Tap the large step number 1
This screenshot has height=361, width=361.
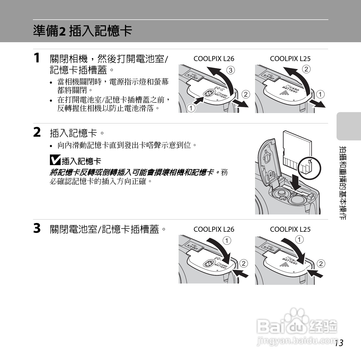coord(37,58)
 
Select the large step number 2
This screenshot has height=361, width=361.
coord(37,132)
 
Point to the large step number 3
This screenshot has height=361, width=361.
coord(37,228)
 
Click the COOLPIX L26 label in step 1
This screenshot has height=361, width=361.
coord(214,59)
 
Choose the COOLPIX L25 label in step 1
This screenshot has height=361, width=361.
coord(290,59)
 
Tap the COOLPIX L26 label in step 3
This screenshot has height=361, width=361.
coord(214,229)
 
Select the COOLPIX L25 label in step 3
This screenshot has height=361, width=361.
coord(290,229)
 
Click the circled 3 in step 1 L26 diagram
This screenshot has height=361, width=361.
coord(230,70)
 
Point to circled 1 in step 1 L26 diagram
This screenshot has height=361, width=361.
coord(191,108)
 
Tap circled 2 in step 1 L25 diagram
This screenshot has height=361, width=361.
coord(306,69)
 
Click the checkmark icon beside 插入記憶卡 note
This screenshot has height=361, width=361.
coord(55,160)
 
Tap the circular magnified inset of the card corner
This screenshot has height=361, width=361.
coord(309,168)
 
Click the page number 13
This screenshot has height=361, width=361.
coord(339,343)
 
